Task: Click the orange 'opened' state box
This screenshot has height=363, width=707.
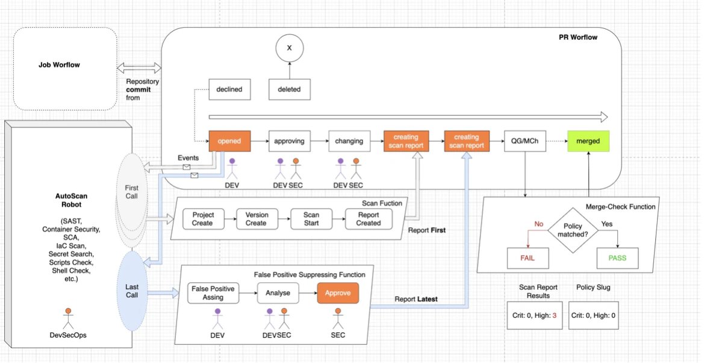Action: pos(229,141)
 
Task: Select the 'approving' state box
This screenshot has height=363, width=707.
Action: pos(289,141)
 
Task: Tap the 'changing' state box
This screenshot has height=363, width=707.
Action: pos(349,141)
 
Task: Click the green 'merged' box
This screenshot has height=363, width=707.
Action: pos(588,141)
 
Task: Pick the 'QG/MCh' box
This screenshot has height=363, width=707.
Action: pos(525,141)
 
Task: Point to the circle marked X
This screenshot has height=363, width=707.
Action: pos(290,48)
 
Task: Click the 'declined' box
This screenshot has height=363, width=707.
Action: pos(229,89)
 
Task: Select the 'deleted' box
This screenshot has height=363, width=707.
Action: pos(289,89)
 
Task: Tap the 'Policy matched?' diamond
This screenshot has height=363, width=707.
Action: pos(573,230)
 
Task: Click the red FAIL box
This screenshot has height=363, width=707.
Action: pos(528,258)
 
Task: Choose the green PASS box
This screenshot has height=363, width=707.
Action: pos(617,258)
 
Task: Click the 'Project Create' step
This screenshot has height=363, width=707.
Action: pos(203,219)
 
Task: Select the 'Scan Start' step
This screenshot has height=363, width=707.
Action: pos(311,219)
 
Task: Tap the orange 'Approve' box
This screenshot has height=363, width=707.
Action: pos(338,293)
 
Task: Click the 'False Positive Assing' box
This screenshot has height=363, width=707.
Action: pos(213,293)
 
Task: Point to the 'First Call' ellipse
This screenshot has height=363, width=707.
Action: pos(132,192)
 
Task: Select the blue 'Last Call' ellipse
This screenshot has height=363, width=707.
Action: pos(132,291)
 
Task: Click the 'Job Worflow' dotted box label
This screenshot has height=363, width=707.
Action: pos(59,65)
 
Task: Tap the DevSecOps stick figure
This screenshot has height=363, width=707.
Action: pos(68,319)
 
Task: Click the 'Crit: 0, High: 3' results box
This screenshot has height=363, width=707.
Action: pos(534,315)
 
